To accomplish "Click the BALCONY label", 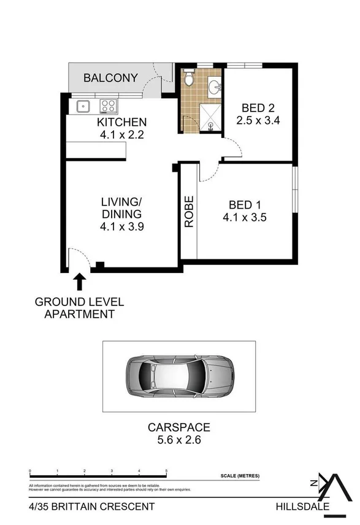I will click(x=110, y=78).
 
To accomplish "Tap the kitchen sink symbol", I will click(x=83, y=107).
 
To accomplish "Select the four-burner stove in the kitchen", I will click(x=109, y=106).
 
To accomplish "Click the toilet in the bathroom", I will click(x=189, y=78).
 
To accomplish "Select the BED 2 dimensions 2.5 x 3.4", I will click(x=258, y=121).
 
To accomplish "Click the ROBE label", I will click(x=189, y=212).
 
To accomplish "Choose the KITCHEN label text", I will click(x=121, y=122).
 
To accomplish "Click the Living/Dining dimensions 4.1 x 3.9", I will click(x=121, y=226).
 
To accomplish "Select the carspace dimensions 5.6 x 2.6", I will click(x=178, y=439).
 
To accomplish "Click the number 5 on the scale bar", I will click(x=167, y=472).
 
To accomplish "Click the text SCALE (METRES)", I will click(x=240, y=476).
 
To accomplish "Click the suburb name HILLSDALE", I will click(x=301, y=507).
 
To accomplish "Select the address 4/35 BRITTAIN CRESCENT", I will click(x=91, y=507).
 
